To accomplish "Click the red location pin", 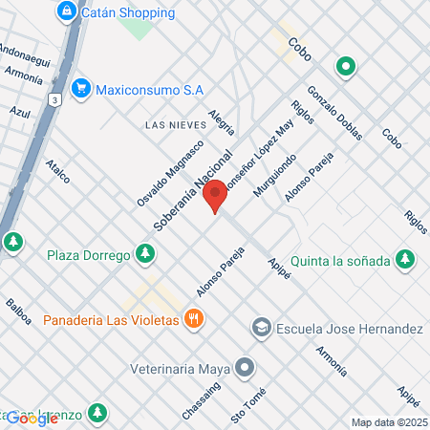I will (216, 195).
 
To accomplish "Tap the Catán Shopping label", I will (128, 12).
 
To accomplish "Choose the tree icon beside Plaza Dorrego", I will (144, 253).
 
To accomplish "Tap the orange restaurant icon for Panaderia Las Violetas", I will (193, 319).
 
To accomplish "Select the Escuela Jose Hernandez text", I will (349, 329).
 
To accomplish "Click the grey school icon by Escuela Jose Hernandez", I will (260, 329).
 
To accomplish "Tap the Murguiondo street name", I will (274, 176).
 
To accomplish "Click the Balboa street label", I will (18, 312).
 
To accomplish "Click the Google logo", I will (32, 418).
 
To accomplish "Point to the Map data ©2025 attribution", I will (387, 422).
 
